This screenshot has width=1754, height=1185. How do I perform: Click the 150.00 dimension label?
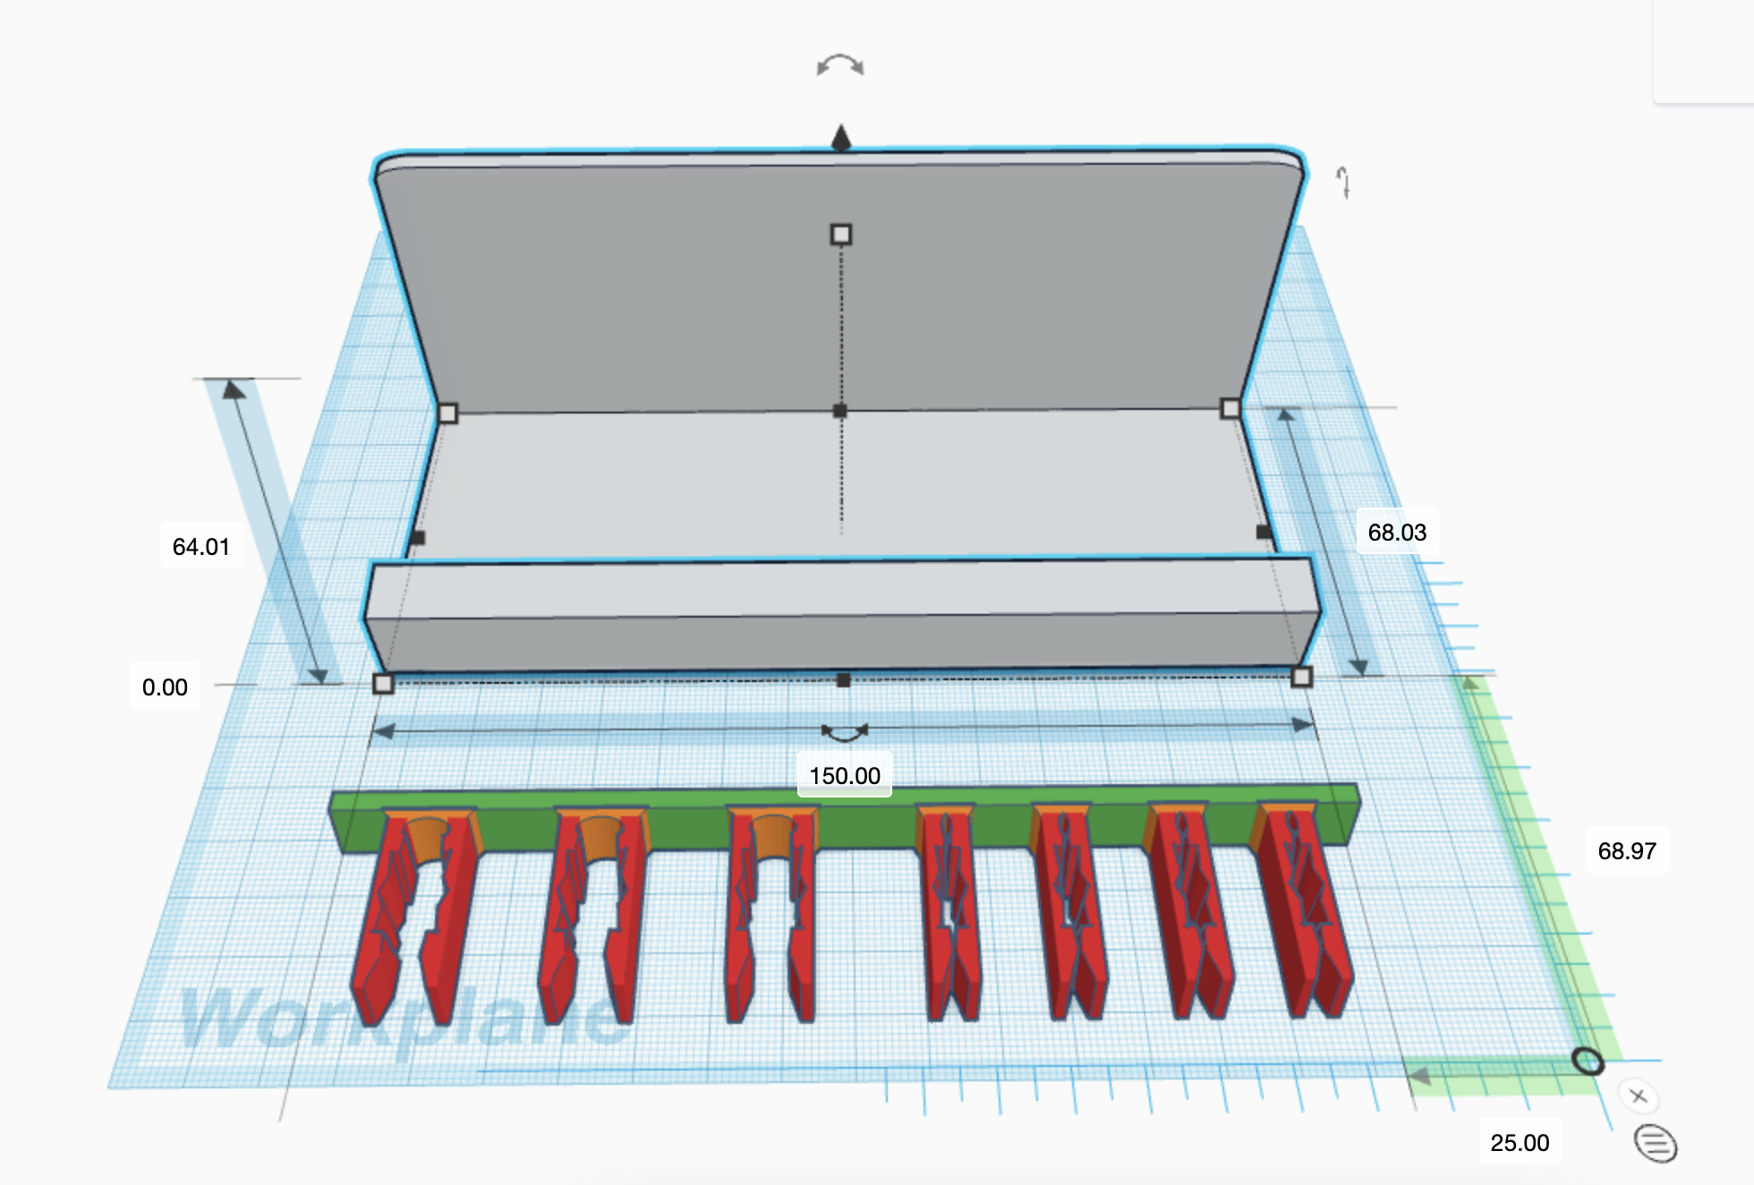point(844,775)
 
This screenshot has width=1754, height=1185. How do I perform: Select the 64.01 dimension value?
point(200,546)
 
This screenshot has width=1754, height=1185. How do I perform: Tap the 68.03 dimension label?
point(1396,532)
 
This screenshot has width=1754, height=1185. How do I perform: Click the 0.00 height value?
point(165,687)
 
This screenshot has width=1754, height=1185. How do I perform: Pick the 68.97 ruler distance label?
point(1626,850)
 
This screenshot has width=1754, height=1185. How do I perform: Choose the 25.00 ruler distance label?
point(1519,1142)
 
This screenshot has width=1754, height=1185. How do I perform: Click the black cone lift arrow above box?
point(840,138)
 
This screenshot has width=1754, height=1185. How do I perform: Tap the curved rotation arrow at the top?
point(839,65)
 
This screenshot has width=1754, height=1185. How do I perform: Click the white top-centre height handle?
point(840,234)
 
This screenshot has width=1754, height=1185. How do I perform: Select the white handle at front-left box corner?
point(383,684)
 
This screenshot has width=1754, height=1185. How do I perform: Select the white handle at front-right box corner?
point(1301,677)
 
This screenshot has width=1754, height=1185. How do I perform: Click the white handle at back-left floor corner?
point(447,413)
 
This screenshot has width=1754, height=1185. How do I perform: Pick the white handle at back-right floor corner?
point(1230,408)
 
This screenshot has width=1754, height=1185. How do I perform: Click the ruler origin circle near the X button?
point(1588,1061)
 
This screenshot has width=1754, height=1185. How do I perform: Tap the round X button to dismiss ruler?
point(1638,1095)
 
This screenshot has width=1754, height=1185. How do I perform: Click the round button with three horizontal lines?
point(1655,1143)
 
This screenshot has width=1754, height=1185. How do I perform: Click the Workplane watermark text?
point(403,1020)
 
